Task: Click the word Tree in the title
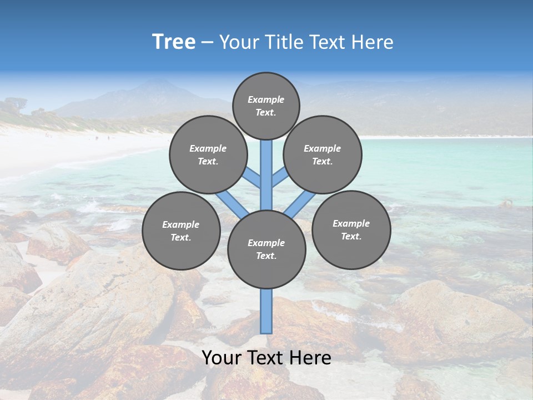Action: coord(174,42)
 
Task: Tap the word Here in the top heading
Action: coord(373,42)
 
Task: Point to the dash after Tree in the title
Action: coord(207,43)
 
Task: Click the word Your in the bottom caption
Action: coord(222,358)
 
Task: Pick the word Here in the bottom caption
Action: coord(310,358)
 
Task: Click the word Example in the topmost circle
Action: coord(266,99)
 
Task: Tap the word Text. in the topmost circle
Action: coord(266,112)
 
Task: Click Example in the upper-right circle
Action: coord(323,148)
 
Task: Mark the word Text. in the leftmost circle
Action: coord(180,238)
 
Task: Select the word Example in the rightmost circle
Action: coord(351,223)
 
